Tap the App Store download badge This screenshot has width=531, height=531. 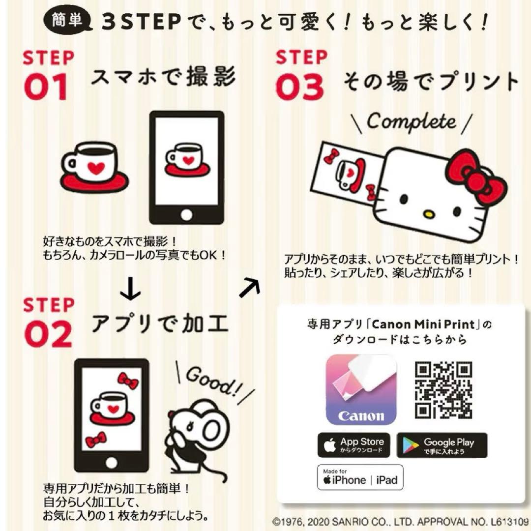(x=354, y=445)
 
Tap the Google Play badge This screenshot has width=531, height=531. (x=442, y=445)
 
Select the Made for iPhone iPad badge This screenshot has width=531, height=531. (x=360, y=477)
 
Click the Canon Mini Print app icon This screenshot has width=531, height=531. (x=361, y=390)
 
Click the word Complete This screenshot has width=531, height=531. (x=411, y=120)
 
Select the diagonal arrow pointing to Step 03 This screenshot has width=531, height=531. (x=250, y=287)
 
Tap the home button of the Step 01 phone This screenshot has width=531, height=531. (x=186, y=214)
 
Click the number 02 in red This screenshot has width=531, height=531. (x=48, y=335)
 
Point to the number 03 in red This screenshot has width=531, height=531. (x=299, y=88)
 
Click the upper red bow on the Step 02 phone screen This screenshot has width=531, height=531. (x=128, y=382)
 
